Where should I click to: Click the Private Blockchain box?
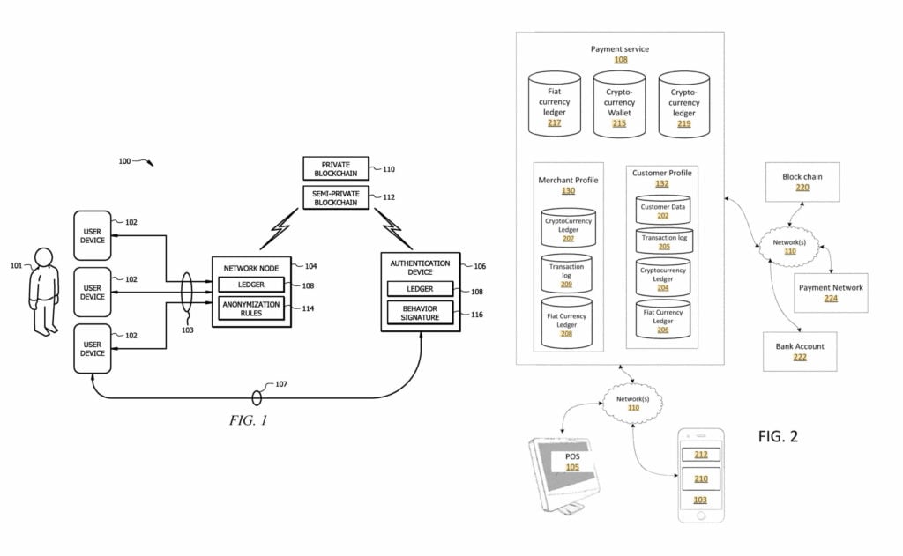point(336,167)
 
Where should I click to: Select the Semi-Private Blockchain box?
point(336,196)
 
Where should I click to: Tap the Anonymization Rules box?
point(252,308)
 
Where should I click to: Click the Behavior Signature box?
point(421,312)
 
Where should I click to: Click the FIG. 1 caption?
point(248,420)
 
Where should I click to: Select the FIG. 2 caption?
point(778,436)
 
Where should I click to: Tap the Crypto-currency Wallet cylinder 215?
point(619,106)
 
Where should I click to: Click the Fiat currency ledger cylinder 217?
point(555,106)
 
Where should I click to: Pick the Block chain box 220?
point(802,182)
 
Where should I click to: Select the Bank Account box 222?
point(800,351)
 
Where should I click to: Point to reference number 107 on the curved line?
point(281,384)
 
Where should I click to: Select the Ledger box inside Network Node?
point(251,285)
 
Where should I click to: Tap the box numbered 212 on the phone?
point(700,455)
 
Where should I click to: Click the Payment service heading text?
point(620,49)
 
